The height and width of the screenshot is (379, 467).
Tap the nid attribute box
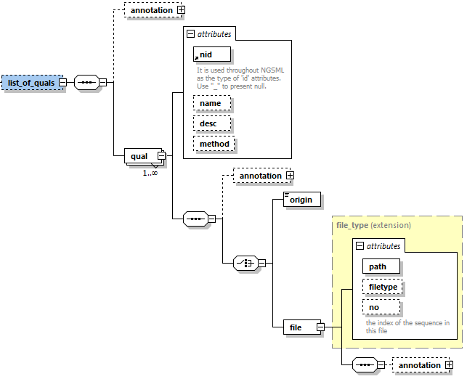pyautogui.click(x=211, y=54)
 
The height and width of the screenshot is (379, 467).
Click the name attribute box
pyautogui.click(x=211, y=103)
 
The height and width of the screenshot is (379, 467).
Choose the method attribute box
pyautogui.click(x=214, y=144)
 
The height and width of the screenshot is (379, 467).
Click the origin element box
pyautogui.click(x=301, y=200)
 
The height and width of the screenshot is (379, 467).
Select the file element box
pyautogui.click(x=296, y=327)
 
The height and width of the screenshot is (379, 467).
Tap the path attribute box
pyautogui.click(x=378, y=266)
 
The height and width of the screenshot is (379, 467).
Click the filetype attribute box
pyautogui.click(x=383, y=287)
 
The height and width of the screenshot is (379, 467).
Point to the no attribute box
pyautogui.click(x=374, y=307)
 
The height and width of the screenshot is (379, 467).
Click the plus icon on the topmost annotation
pyautogui.click(x=181, y=11)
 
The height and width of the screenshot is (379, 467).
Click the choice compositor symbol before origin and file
pyautogui.click(x=245, y=263)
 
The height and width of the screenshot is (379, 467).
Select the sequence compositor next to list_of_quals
pyautogui.click(x=86, y=83)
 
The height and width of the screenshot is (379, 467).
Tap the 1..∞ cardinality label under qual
pyautogui.click(x=150, y=173)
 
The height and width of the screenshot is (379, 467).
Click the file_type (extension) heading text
pyautogui.click(x=373, y=225)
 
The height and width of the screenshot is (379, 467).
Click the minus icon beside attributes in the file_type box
pyautogui.click(x=359, y=246)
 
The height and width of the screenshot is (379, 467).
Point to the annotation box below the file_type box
pyautogui.click(x=420, y=365)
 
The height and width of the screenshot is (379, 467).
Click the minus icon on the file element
pyautogui.click(x=320, y=327)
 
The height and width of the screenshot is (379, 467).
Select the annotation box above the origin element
pyautogui.click(x=260, y=176)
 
